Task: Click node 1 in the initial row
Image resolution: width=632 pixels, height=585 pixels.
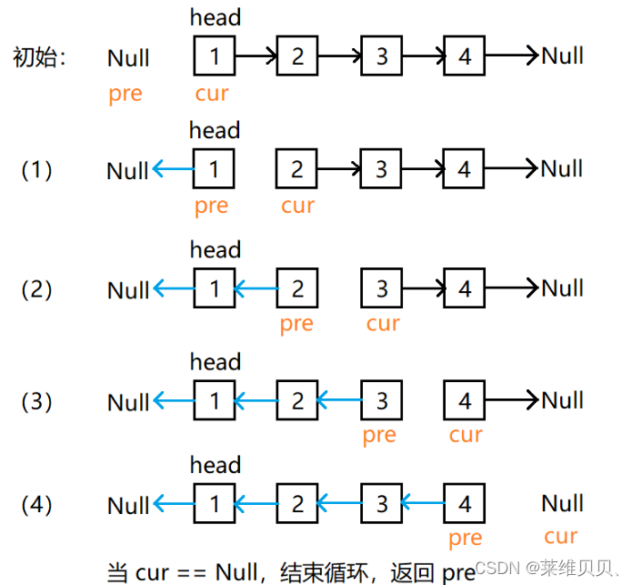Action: coord(215,56)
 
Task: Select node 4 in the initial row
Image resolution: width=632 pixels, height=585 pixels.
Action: coord(465,56)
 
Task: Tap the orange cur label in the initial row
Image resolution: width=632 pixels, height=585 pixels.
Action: coord(212,93)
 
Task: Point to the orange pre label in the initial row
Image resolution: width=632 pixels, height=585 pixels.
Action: coord(125,95)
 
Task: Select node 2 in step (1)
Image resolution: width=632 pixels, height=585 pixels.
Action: coord(297,168)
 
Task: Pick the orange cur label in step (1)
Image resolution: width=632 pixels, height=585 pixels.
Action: coord(297,206)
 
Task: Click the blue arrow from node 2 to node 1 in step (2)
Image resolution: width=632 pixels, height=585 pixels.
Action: coord(256,289)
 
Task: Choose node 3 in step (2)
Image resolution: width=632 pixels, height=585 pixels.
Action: coord(381,289)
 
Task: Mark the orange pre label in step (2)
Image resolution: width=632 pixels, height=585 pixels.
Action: coord(296,325)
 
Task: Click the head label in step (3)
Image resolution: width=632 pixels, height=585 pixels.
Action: coord(216,362)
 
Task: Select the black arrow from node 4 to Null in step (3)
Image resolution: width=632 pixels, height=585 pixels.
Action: coord(513,400)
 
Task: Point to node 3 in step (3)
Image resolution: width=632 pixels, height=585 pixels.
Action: coord(381,400)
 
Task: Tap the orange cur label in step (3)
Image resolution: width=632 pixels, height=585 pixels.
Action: coord(466,435)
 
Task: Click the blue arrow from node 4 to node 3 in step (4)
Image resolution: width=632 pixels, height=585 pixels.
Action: coord(423,502)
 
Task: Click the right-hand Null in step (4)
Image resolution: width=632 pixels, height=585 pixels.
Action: coord(562,503)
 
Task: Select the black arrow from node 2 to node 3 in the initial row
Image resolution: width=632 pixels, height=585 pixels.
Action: coord(339,56)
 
